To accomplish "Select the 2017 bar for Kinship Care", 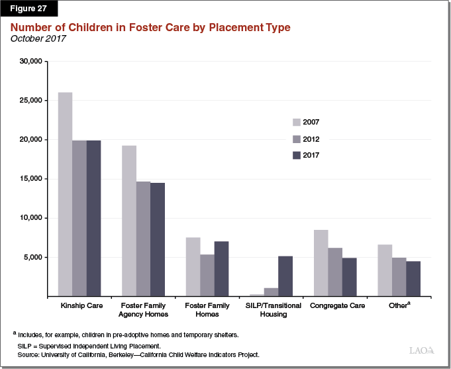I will (93, 218).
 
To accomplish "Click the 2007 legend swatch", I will (296, 122).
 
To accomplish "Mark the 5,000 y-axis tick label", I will (32, 257).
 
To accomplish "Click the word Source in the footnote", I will (29, 355).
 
